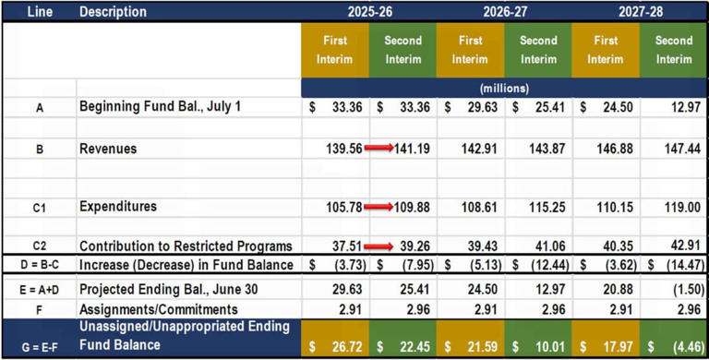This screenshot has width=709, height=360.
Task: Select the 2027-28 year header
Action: pyautogui.click(x=639, y=12)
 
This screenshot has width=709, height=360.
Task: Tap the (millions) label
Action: pyautogui.click(x=504, y=88)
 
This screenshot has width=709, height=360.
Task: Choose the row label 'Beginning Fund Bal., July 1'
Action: pyautogui.click(x=160, y=107)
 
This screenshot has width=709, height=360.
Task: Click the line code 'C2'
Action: pyautogui.click(x=40, y=246)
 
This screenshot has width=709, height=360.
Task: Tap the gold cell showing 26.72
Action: pyautogui.click(x=335, y=344)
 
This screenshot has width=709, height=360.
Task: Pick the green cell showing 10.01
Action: pyautogui.click(x=538, y=344)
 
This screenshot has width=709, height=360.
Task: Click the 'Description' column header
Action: pyautogui.click(x=113, y=12)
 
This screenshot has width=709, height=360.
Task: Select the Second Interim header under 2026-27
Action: pyautogui.click(x=538, y=50)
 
